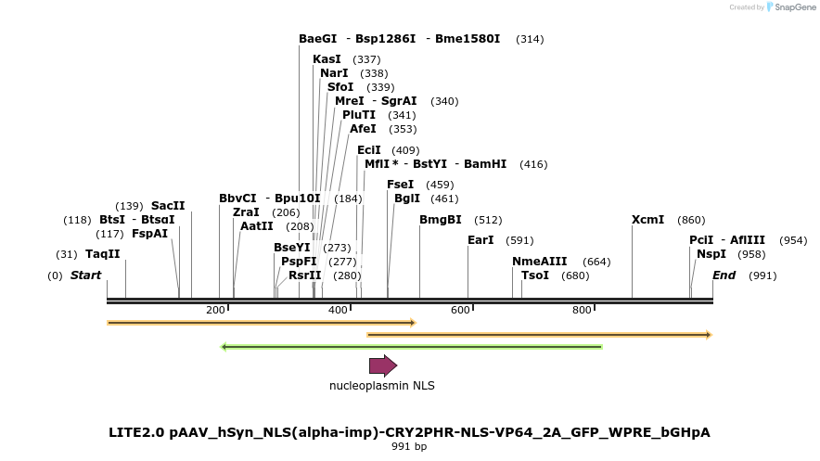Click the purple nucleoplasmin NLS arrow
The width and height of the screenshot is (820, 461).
[382, 365]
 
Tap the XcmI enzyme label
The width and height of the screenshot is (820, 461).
[647, 220]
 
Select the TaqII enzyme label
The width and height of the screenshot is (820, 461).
[103, 254]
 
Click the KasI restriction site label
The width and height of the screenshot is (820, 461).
[327, 59]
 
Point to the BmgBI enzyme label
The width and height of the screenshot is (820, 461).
[440, 220]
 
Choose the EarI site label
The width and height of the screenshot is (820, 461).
[480, 240]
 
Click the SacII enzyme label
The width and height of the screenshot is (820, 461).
[168, 206]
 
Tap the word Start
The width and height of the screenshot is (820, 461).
[85, 275]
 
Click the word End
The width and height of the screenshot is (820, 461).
[724, 275]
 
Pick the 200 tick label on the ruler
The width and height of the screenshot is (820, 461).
[215, 310]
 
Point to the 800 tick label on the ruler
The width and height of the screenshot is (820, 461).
[582, 310]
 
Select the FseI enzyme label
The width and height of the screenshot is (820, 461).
[400, 185]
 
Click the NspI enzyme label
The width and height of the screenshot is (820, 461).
[711, 254]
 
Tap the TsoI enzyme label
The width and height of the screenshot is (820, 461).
[535, 275]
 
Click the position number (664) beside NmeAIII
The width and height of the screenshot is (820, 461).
[596, 262]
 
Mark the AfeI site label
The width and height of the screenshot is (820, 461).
[363, 129]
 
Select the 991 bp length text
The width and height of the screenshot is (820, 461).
[409, 446]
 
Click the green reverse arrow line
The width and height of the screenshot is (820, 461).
[411, 347]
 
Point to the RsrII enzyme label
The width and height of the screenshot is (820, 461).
[304, 275]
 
